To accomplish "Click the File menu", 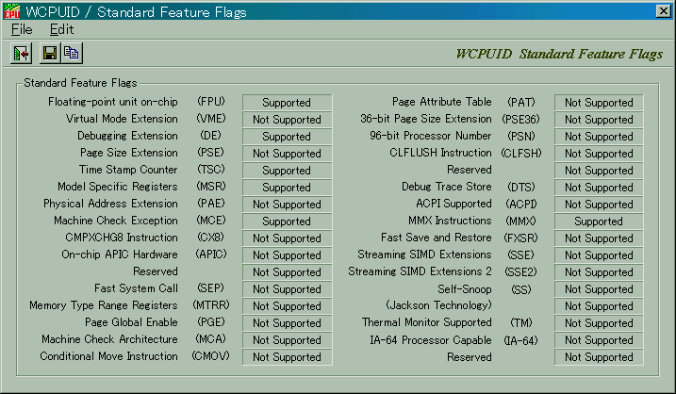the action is click(x=22, y=29).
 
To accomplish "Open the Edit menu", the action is click(x=61, y=29).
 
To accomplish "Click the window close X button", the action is click(x=663, y=11).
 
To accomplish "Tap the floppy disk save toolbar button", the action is click(x=50, y=53).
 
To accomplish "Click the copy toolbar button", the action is click(x=72, y=53).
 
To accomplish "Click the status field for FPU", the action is click(x=287, y=103).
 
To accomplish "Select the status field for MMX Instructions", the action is click(x=599, y=222).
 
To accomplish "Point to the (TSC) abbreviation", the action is click(x=211, y=170).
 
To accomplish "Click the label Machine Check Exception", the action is click(x=116, y=221).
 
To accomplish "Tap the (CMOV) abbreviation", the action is click(x=211, y=356).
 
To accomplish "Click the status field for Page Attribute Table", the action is click(x=599, y=103).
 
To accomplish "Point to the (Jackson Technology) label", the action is click(x=438, y=305).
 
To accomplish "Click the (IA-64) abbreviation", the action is click(x=520, y=340).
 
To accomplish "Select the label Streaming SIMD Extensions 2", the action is click(x=420, y=271).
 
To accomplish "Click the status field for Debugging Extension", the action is click(x=287, y=137).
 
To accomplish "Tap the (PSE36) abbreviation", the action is click(x=520, y=119).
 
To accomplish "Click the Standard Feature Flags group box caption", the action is click(x=80, y=83).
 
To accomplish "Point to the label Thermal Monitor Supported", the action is click(x=427, y=322).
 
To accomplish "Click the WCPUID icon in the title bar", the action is click(x=11, y=11).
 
